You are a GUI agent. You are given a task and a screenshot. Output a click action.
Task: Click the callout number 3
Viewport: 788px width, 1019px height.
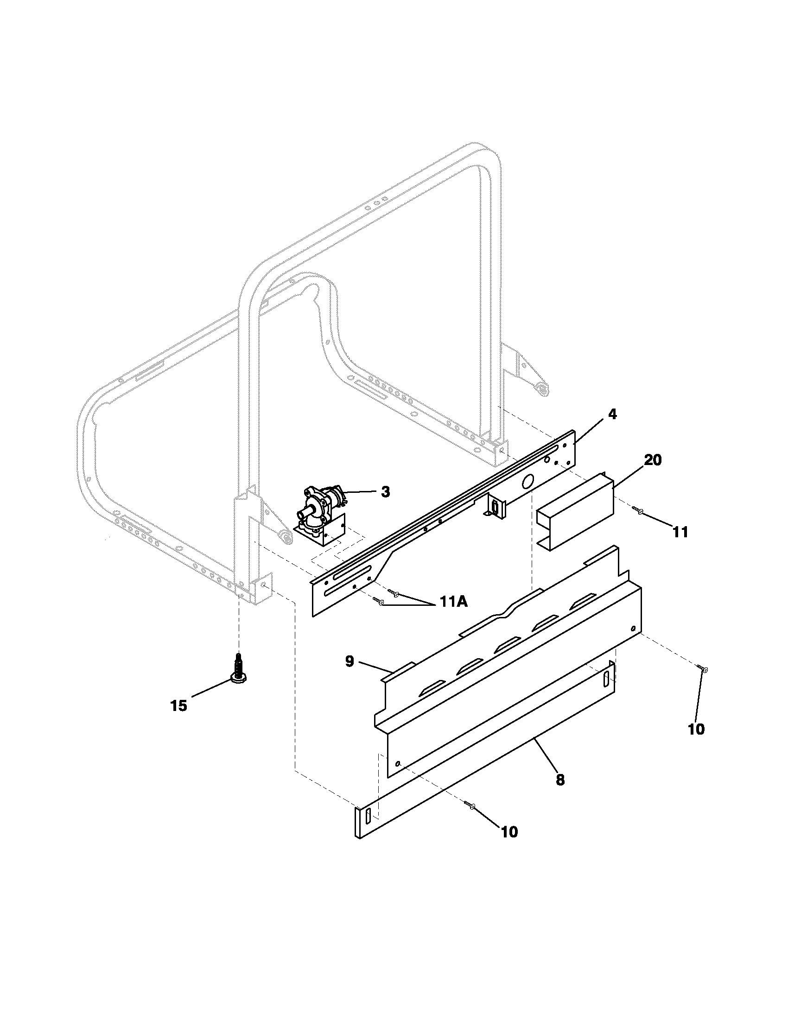coord(385,492)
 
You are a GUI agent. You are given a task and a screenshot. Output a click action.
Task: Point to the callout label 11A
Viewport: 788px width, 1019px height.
coord(452,602)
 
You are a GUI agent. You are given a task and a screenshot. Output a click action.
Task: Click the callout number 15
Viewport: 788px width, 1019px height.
coord(178,706)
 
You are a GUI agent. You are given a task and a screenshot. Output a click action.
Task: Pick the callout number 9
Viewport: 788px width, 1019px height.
coord(350,661)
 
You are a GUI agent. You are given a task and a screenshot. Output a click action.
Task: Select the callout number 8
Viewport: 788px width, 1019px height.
coord(560,779)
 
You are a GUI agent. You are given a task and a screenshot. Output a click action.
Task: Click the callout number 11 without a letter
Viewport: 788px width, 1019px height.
coord(680,531)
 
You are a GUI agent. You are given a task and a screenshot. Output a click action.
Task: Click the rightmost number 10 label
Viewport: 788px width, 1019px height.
coord(696,729)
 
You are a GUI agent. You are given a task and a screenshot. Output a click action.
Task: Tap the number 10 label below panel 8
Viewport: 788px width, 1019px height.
coord(509,832)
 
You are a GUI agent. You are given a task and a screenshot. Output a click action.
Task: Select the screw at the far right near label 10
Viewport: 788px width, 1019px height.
coord(703,669)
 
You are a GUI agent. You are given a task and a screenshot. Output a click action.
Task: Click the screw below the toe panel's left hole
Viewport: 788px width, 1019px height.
coord(470,805)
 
